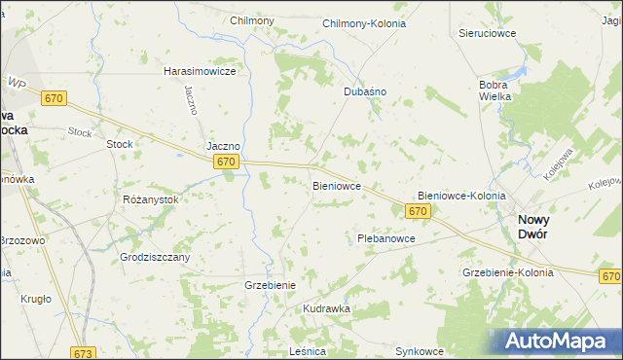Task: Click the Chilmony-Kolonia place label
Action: pyautogui.click(x=377, y=21)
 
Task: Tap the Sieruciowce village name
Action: pyautogui.click(x=486, y=33)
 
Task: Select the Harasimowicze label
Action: pyautogui.click(x=201, y=72)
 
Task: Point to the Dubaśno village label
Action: pyautogui.click(x=365, y=91)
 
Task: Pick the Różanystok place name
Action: pyautogui.click(x=151, y=199)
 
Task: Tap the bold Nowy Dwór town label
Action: pyautogui.click(x=545, y=227)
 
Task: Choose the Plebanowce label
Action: pyautogui.click(x=386, y=238)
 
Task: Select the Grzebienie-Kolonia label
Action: pyautogui.click(x=509, y=272)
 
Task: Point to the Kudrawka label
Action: pyautogui.click(x=326, y=308)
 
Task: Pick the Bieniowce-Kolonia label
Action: pyautogui.click(x=461, y=196)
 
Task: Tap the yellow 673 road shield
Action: pyautogui.click(x=84, y=353)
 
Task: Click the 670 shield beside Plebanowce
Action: pyautogui.click(x=418, y=211)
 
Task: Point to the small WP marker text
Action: pyautogui.click(x=16, y=84)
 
